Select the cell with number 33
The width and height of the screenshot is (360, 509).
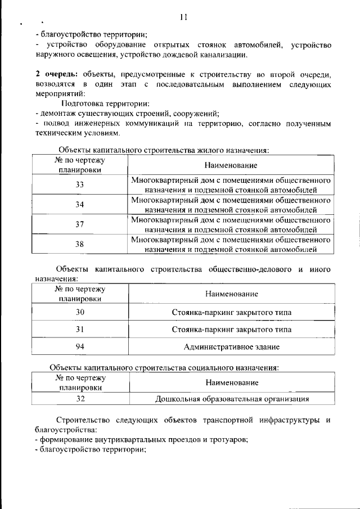click(x=79, y=184)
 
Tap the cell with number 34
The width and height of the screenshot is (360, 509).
click(x=79, y=204)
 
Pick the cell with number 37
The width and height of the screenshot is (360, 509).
click(x=79, y=224)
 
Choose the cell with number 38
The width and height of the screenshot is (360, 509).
click(x=79, y=244)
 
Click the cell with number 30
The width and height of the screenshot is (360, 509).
click(x=80, y=312)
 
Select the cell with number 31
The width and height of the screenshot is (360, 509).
click(x=80, y=329)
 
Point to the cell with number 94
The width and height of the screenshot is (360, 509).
click(x=80, y=346)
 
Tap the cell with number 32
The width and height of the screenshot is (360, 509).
click(x=80, y=399)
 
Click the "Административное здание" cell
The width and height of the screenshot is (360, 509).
click(x=231, y=347)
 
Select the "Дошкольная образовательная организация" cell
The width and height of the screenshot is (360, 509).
click(x=232, y=399)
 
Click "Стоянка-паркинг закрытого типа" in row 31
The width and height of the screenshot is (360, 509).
click(x=231, y=329)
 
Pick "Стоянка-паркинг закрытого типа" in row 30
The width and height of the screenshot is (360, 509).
click(x=231, y=312)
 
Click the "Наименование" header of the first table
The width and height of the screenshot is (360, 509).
click(x=231, y=165)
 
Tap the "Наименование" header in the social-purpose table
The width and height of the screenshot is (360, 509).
click(x=232, y=382)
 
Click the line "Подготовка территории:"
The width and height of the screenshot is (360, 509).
click(x=105, y=103)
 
